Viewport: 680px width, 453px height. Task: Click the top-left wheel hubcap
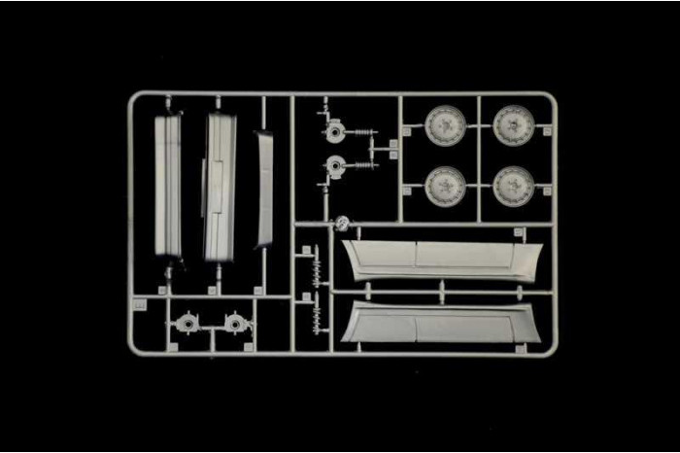point(445,125)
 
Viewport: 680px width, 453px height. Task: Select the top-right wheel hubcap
point(513,125)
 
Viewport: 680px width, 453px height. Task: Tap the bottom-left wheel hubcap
point(445,186)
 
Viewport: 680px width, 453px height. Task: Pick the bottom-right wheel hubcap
point(513,186)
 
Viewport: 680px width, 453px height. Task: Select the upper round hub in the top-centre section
point(335,130)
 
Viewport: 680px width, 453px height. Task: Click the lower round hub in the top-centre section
point(335,167)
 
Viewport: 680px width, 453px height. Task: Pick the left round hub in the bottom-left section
point(186,321)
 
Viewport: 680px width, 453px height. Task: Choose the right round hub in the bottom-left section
point(233,321)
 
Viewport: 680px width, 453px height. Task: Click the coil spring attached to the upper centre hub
point(363,132)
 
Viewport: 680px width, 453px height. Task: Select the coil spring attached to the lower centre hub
point(363,166)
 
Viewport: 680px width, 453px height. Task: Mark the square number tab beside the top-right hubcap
point(548,130)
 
